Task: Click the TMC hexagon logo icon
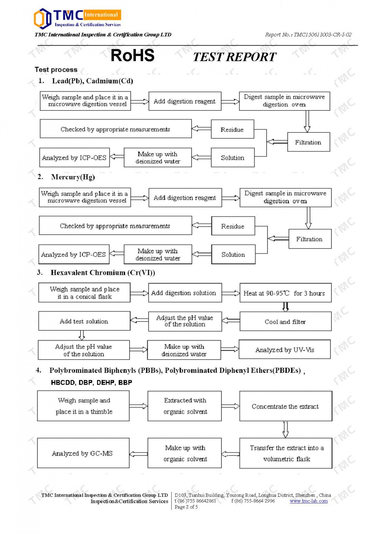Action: (42, 19)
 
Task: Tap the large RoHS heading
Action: (133, 56)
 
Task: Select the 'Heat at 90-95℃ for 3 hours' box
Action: (285, 293)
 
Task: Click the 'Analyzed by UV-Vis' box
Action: (285, 350)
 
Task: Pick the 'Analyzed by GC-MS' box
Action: (83, 453)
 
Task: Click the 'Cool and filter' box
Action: (285, 321)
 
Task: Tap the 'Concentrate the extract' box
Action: (285, 406)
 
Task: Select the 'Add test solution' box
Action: (84, 321)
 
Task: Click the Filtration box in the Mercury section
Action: (310, 239)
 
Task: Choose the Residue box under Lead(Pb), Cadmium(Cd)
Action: (232, 129)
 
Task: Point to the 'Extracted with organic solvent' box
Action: (185, 406)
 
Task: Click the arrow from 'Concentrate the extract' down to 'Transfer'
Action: (285, 429)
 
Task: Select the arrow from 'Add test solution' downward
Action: (82, 335)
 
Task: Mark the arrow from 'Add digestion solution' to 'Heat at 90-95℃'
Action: (231, 293)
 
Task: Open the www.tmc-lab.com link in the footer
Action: (309, 501)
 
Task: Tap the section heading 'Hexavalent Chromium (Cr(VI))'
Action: (103, 273)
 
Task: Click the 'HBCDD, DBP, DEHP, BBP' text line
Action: (91, 383)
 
